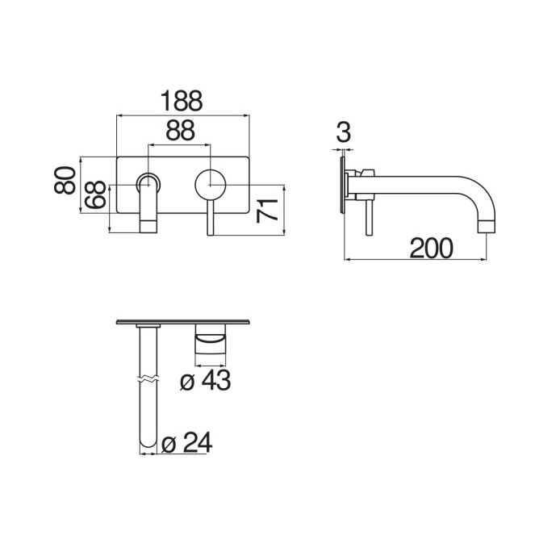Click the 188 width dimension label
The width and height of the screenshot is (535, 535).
pos(182,101)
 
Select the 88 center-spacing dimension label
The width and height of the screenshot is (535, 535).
pos(181,130)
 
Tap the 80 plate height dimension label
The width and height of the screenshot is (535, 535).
pos(65,180)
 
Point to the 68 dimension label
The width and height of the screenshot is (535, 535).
pos(95,194)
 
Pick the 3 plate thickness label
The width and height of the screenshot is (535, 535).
pos(343,132)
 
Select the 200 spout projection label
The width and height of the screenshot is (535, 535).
pos(431,249)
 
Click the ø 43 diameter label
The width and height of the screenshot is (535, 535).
pos(206,380)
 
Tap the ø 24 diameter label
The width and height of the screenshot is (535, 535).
pos(186,443)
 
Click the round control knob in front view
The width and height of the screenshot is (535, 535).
pos(210,185)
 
